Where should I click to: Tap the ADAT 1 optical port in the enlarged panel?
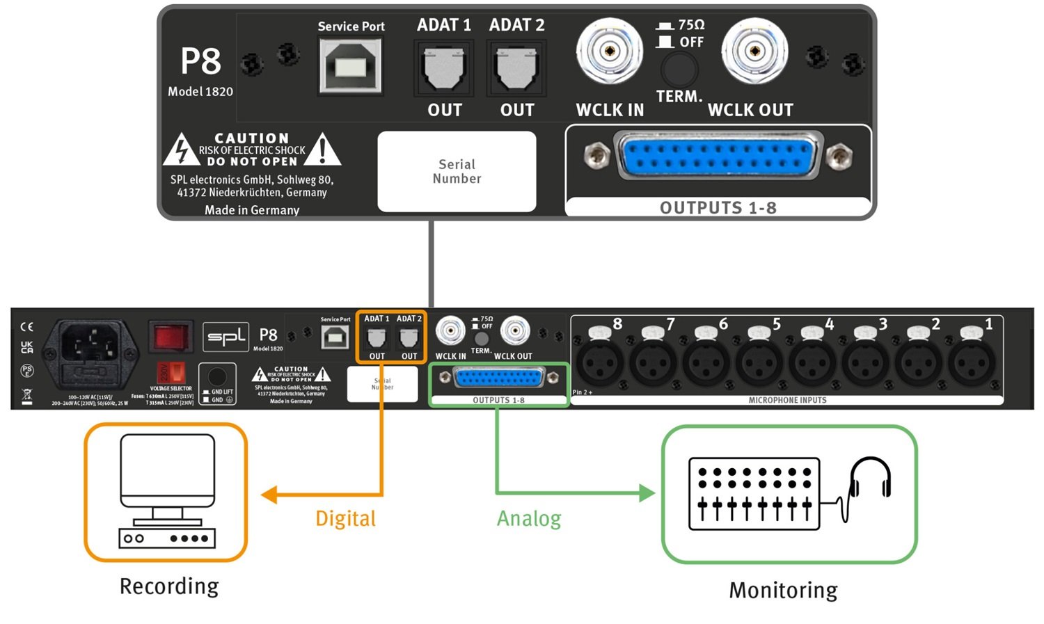(x=443, y=69)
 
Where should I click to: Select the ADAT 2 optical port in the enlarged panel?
(x=516, y=69)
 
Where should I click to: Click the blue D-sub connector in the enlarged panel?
(x=718, y=158)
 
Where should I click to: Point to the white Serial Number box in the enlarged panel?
(x=457, y=171)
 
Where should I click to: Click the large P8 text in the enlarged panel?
(x=200, y=61)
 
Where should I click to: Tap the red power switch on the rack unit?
(x=171, y=337)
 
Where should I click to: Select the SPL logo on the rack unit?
(x=226, y=337)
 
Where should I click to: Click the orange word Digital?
(x=345, y=518)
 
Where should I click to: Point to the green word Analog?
(x=528, y=518)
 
